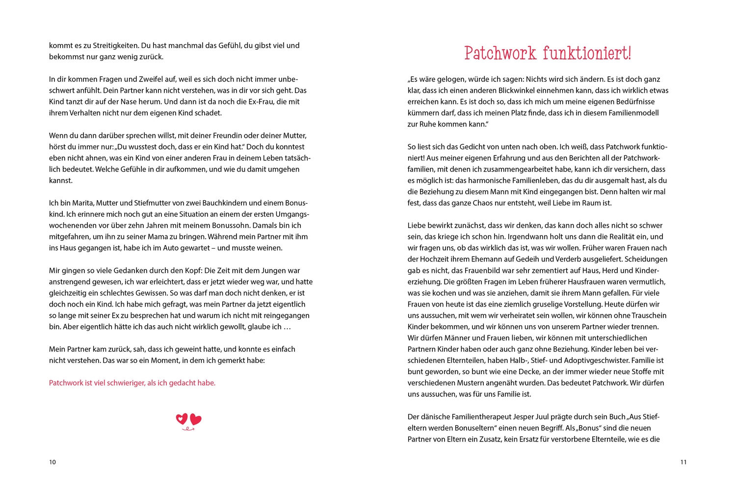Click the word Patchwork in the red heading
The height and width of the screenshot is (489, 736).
(500, 53)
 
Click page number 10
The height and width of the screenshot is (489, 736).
(53, 462)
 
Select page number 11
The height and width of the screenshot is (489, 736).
(683, 462)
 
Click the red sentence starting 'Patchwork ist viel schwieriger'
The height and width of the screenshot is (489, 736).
(132, 383)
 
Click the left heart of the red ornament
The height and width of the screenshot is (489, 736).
(182, 419)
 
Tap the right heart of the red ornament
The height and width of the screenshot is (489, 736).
(196, 419)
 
